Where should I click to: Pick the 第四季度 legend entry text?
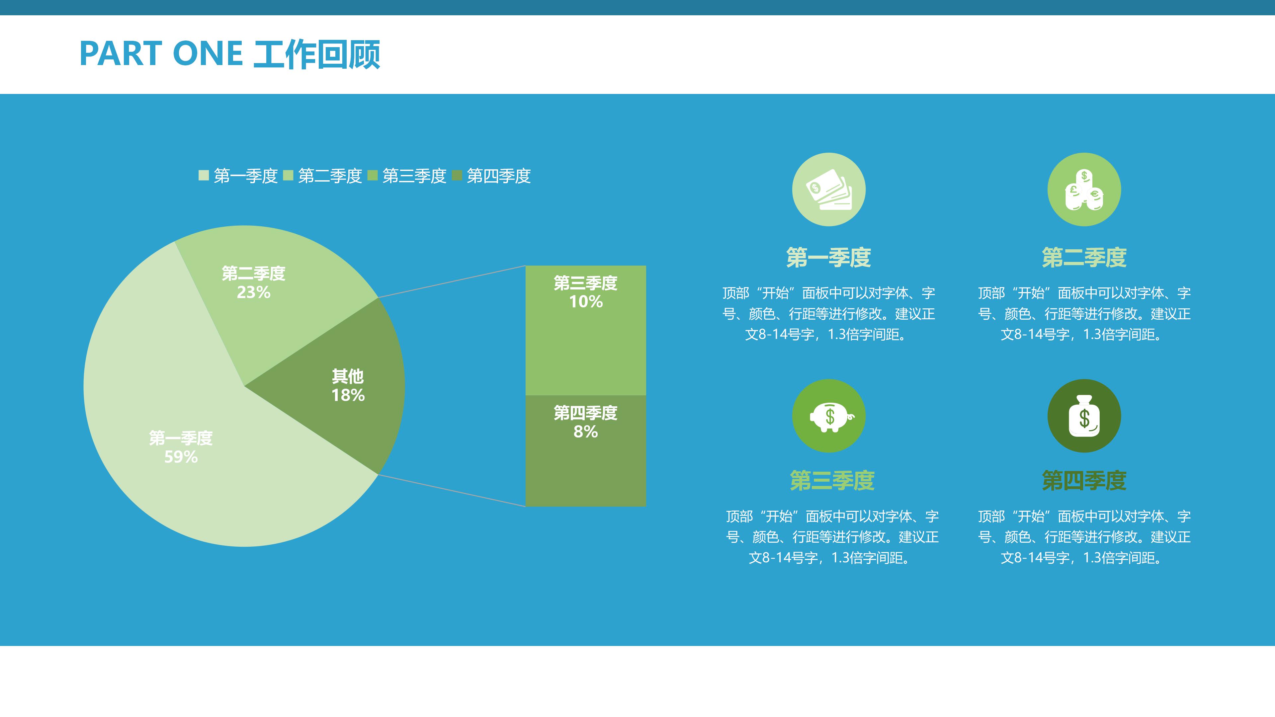[498, 176]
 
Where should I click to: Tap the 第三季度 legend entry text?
[414, 176]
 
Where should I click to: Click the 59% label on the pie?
[181, 456]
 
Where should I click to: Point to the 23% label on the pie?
[253, 292]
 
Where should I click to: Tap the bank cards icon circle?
[828, 190]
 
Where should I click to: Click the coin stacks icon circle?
[1084, 190]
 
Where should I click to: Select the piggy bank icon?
[828, 416]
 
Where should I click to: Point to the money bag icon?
[1084, 416]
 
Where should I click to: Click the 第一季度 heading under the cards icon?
[828, 257]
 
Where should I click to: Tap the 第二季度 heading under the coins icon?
[1084, 257]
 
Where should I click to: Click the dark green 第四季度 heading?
[1084, 480]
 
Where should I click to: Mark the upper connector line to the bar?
[452, 281]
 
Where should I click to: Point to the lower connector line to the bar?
[452, 490]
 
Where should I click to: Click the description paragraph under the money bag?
[1084, 537]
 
